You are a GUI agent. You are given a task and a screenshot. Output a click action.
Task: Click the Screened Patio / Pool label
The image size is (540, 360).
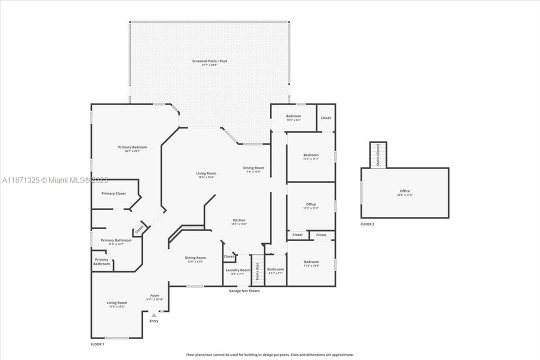pyautogui.click(x=209, y=61)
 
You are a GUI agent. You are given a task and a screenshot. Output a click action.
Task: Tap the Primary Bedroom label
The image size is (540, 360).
pyautogui.click(x=132, y=147)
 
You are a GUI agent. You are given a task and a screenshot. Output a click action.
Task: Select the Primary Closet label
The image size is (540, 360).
pyautogui.click(x=113, y=193)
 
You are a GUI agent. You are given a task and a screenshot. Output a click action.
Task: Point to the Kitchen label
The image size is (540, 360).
pyautogui.click(x=238, y=220)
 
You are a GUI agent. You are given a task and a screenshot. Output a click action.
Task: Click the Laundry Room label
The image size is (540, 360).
pyautogui.click(x=237, y=270)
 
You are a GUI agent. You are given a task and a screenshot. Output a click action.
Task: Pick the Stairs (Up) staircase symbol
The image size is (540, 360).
pyautogui.click(x=257, y=270)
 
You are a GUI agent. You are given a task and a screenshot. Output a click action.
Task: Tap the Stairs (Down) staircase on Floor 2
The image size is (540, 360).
pyautogui.click(x=377, y=155)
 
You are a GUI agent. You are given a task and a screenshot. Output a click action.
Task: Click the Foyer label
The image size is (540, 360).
pyautogui.click(x=155, y=295)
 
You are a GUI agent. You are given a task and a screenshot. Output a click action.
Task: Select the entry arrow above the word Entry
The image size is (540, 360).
pyautogui.click(x=154, y=315)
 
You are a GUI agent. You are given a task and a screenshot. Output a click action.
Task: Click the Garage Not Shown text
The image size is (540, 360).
pyautogui.click(x=244, y=290)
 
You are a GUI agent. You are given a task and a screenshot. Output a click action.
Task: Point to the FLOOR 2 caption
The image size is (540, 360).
pyautogui.click(x=367, y=224)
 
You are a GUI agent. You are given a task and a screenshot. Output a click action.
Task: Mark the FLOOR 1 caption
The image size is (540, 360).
pyautogui.click(x=96, y=344)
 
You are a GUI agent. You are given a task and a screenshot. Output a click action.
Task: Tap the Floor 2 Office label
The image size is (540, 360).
pyautogui.click(x=404, y=191)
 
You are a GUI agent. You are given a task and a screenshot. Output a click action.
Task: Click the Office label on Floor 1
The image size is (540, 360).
pyautogui.click(x=310, y=204)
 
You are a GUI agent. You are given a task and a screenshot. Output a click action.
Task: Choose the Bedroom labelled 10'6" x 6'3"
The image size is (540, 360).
pyautogui.click(x=293, y=116)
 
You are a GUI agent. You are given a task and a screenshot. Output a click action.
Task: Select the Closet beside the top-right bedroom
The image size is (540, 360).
pyautogui.click(x=325, y=118)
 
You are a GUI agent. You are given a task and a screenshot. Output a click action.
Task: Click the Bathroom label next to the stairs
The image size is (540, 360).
pyautogui.click(x=275, y=269)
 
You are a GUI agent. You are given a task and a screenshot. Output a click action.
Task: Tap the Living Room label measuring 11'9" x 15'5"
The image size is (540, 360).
pyautogui.click(x=116, y=302)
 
